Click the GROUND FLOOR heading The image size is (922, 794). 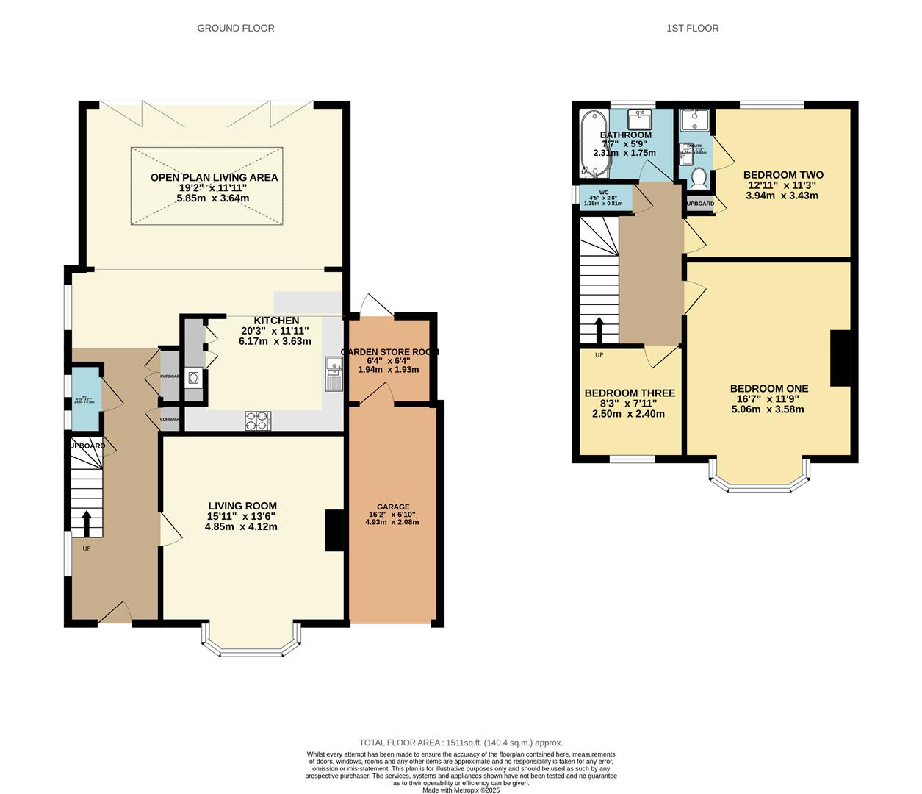point(236,28)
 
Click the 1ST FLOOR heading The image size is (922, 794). point(692,28)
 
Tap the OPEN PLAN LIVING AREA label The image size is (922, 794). point(214,177)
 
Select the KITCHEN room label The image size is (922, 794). point(276,321)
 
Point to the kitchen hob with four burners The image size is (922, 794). point(257,421)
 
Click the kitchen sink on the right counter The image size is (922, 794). point(332,374)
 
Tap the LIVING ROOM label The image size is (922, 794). point(242,506)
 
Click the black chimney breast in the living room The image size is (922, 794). point(334,530)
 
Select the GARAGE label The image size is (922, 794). point(393,507)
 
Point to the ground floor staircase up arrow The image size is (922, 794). point(86,524)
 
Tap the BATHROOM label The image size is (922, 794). point(626,135)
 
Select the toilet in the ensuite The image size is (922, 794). point(699,179)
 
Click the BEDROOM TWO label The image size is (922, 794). point(783,175)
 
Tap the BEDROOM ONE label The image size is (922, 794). point(769,389)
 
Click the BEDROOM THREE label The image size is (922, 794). point(630,393)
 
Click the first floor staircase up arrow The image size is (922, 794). point(599,330)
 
